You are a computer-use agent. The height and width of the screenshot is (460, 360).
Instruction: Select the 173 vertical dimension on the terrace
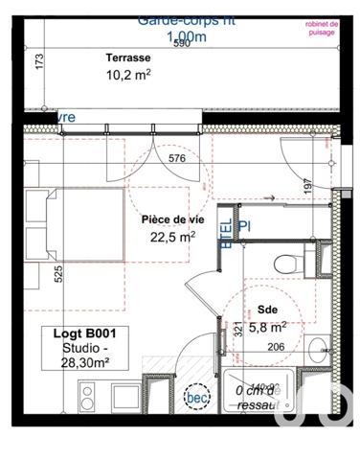(x=39, y=63)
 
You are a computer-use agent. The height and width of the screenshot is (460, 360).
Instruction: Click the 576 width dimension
(x=176, y=160)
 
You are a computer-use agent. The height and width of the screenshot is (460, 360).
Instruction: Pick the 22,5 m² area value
(x=173, y=236)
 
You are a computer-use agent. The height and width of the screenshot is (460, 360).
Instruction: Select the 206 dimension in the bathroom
(x=276, y=347)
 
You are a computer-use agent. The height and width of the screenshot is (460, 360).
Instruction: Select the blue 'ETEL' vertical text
(x=227, y=233)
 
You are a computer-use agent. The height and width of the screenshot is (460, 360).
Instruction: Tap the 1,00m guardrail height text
(x=187, y=37)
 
